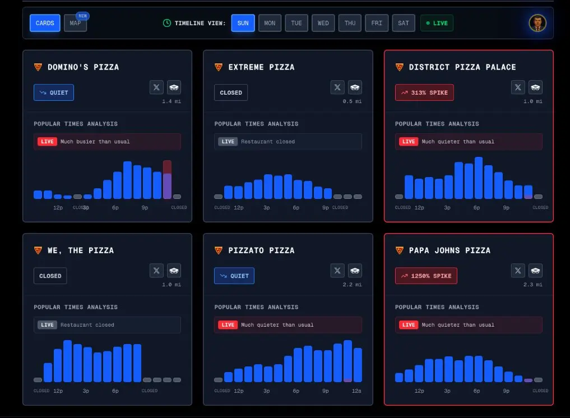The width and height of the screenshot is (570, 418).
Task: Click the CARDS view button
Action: pos(45,23)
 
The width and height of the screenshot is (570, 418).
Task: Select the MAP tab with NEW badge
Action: pos(75,24)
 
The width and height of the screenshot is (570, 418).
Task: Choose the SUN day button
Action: pos(243,23)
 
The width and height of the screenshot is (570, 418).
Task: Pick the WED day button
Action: pos(323,23)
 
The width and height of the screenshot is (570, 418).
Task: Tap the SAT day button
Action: pos(404,23)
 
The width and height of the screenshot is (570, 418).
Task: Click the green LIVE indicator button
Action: pos(437,23)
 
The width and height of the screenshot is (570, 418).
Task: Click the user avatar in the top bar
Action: pos(537,23)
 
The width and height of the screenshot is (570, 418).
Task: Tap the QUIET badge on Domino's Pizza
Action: pos(54,92)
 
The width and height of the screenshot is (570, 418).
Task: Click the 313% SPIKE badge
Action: pos(424,92)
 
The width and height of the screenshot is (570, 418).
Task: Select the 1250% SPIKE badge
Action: pos(426,276)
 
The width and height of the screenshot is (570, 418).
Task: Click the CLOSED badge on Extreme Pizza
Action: pos(231,92)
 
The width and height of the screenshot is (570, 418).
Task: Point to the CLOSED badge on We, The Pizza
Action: pos(50,276)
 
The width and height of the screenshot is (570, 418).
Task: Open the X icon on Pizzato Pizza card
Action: pos(337,271)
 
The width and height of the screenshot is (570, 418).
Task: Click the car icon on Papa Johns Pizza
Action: pos(535,271)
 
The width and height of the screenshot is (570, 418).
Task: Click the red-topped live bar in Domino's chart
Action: pos(167,179)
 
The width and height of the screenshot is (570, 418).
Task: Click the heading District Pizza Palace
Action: pos(462,67)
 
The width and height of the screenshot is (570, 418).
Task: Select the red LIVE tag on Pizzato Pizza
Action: pos(228,325)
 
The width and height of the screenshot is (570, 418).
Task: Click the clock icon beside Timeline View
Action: pos(167,23)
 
